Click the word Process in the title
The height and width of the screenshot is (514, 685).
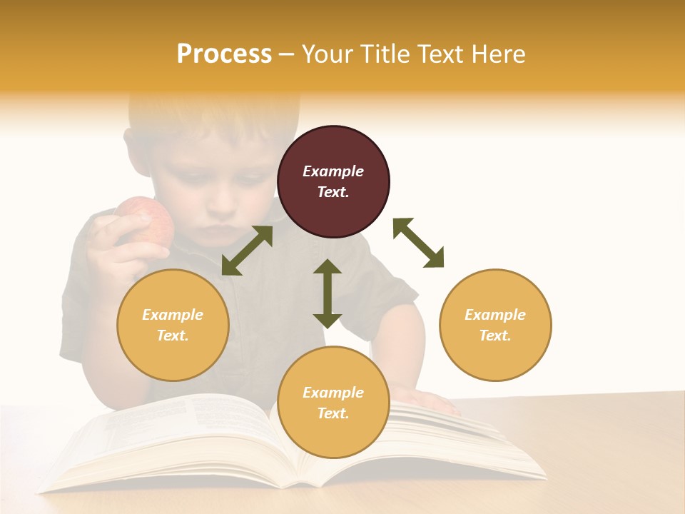224,54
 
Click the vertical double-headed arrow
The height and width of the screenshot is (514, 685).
328,293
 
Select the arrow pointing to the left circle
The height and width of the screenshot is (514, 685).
247,251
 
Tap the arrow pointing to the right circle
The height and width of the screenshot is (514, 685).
419,243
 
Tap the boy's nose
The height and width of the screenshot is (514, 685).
223,207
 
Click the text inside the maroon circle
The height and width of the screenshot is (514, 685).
333,181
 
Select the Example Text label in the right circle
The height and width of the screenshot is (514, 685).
495,325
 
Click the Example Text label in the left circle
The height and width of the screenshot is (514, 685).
173,325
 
